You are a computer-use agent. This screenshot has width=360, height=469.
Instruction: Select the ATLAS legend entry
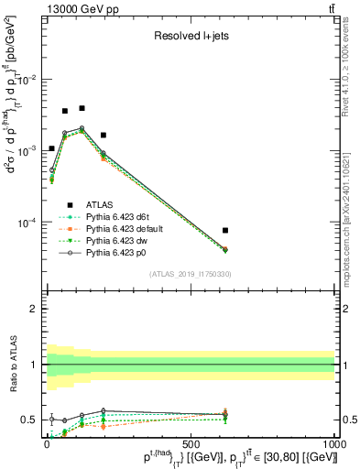(x=103, y=204)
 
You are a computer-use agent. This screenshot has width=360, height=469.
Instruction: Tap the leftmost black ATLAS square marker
(x=52, y=147)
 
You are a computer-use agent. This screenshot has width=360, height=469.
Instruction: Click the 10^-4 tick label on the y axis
(x=27, y=223)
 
